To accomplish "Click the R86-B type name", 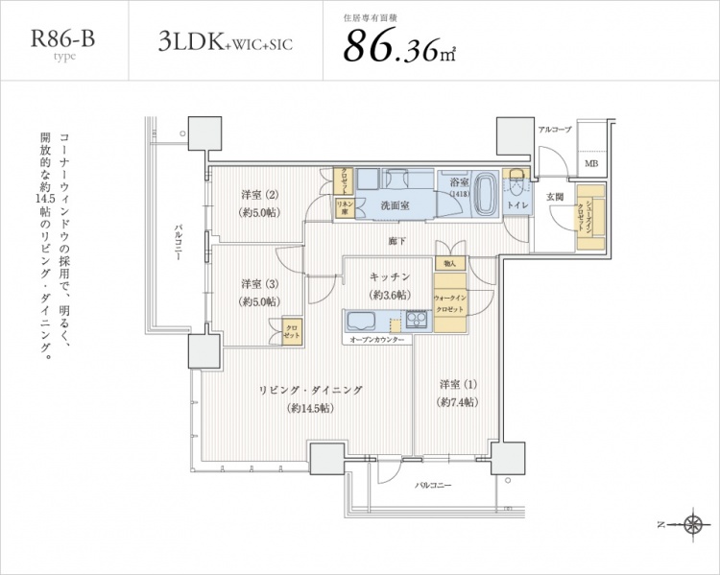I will point(64,40).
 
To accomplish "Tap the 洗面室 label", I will point(396,204).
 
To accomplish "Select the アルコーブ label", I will point(554,130).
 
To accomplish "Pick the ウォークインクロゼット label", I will point(449,305).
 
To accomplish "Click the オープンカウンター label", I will point(375,341).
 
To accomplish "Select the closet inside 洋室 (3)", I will point(290,330).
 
